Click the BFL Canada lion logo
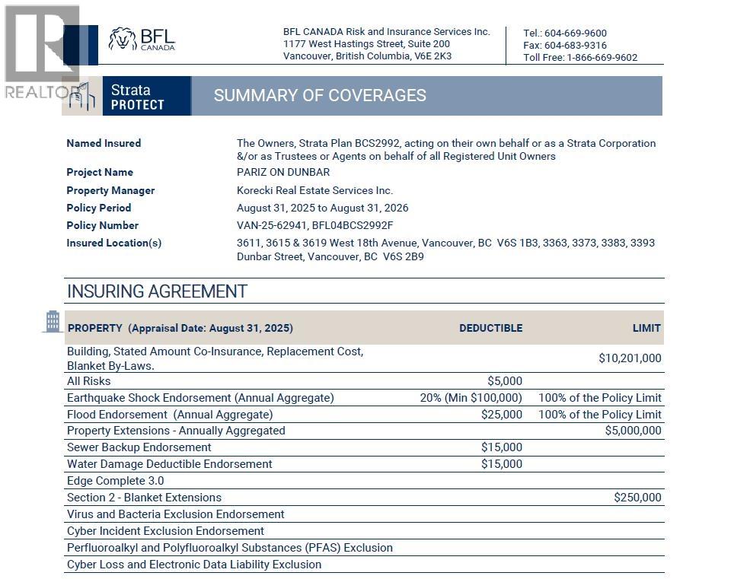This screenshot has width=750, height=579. (122, 39)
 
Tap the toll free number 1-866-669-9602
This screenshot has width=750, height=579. (602, 57)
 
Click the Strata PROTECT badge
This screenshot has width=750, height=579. (137, 97)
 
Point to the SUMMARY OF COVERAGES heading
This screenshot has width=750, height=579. (320, 96)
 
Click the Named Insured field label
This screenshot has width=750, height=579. (104, 143)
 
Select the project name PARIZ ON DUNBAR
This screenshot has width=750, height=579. (283, 172)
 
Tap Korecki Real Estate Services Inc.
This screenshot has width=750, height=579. (314, 190)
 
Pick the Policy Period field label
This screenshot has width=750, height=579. (99, 208)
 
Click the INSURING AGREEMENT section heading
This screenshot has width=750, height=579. (157, 291)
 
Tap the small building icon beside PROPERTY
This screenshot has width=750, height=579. (53, 321)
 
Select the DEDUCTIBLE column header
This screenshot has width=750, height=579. (490, 328)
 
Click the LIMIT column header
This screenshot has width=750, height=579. (646, 328)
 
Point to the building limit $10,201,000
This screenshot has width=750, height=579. (630, 358)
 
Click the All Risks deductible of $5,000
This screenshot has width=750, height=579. (505, 381)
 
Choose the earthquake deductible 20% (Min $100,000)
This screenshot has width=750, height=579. (471, 398)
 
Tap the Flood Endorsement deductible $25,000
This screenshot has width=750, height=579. (502, 415)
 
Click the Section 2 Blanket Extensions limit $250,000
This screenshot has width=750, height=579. (637, 498)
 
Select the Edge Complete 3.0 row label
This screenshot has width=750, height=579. (115, 481)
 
